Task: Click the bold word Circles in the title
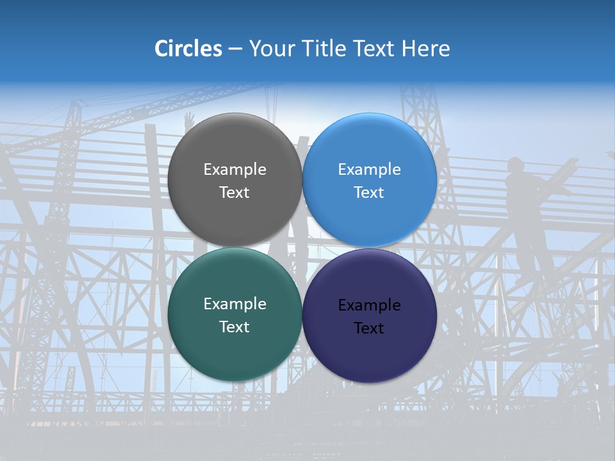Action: (188, 49)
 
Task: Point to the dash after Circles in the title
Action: (235, 49)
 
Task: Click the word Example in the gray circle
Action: (234, 170)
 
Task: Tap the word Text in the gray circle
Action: (234, 193)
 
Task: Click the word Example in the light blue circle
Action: (370, 170)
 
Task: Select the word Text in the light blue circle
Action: (370, 193)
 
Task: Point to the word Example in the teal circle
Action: (234, 304)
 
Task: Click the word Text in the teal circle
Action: (234, 327)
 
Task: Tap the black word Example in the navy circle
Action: (370, 305)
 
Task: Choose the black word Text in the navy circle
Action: (370, 328)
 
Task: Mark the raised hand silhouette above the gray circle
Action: (189, 120)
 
